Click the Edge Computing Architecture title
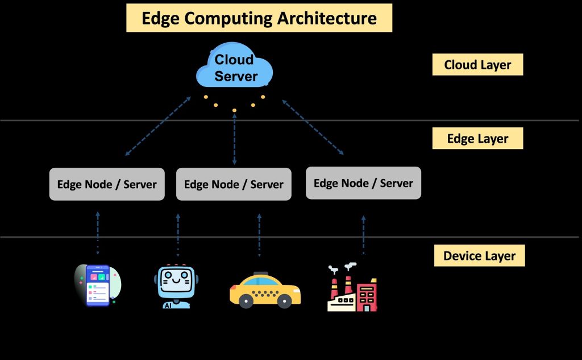tap(259, 18)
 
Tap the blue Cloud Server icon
tap(235, 68)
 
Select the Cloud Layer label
tap(477, 65)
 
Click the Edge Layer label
tap(477, 139)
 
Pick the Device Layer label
tap(479, 256)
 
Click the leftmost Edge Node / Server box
tap(107, 184)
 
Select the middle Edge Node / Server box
tap(234, 184)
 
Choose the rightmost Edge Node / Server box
tap(363, 183)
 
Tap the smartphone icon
tap(97, 285)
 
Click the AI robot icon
tap(174, 286)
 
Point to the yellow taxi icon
tap(265, 290)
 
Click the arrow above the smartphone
tap(97, 233)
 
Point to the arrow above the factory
tap(364, 234)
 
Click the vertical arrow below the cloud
tap(234, 139)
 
